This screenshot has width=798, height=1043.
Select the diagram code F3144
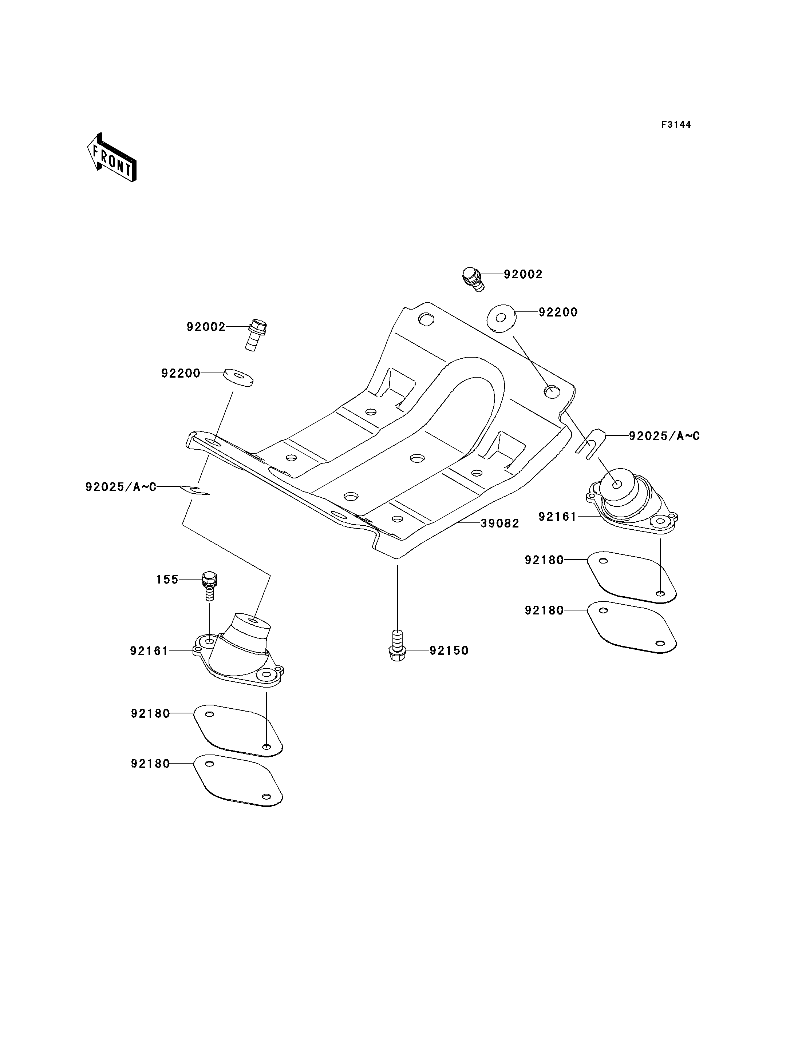click(676, 125)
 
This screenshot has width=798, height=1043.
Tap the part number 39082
click(500, 524)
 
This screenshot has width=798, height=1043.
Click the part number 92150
click(449, 650)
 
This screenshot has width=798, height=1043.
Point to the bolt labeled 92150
click(397, 646)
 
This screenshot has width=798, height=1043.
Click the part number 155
click(167, 579)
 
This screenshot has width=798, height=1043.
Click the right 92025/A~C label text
click(664, 436)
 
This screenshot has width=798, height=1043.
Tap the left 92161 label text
click(149, 651)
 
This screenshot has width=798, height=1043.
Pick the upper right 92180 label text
click(544, 560)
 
